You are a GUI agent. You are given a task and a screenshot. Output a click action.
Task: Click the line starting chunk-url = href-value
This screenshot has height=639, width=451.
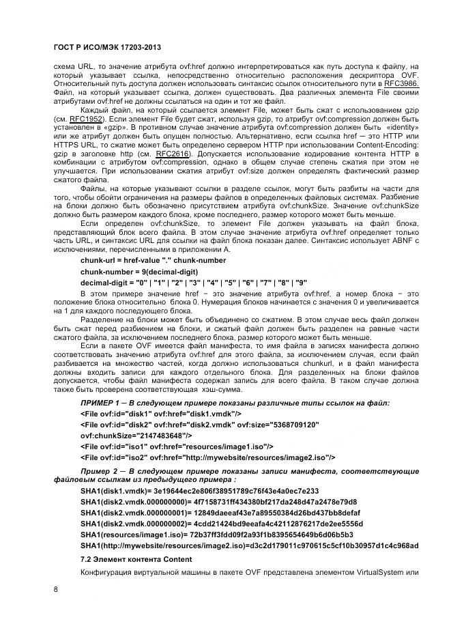(153, 261)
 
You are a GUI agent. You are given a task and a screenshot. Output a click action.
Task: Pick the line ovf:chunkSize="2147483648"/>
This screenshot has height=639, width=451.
(136, 435)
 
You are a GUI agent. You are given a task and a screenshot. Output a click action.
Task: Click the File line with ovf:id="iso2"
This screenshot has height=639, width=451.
(207, 457)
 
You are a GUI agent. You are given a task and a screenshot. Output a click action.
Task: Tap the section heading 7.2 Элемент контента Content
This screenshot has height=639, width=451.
(132, 558)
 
